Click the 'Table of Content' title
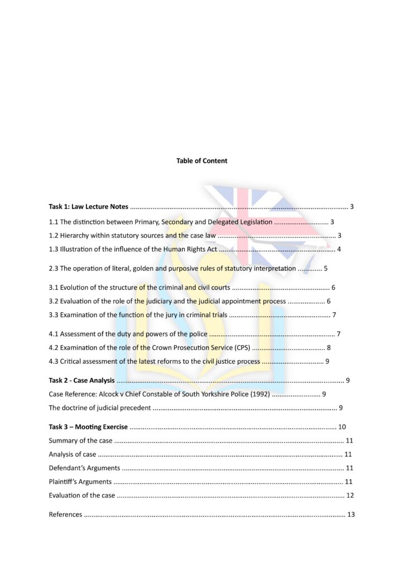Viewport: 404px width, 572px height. pyautogui.click(x=201, y=161)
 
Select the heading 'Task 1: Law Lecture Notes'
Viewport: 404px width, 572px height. pyautogui.click(x=88, y=207)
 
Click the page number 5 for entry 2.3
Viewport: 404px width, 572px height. pyautogui.click(x=325, y=269)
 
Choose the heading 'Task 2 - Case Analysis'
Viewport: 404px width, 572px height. pyautogui.click(x=81, y=381)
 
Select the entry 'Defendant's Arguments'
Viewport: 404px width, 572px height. pyautogui.click(x=84, y=468)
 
